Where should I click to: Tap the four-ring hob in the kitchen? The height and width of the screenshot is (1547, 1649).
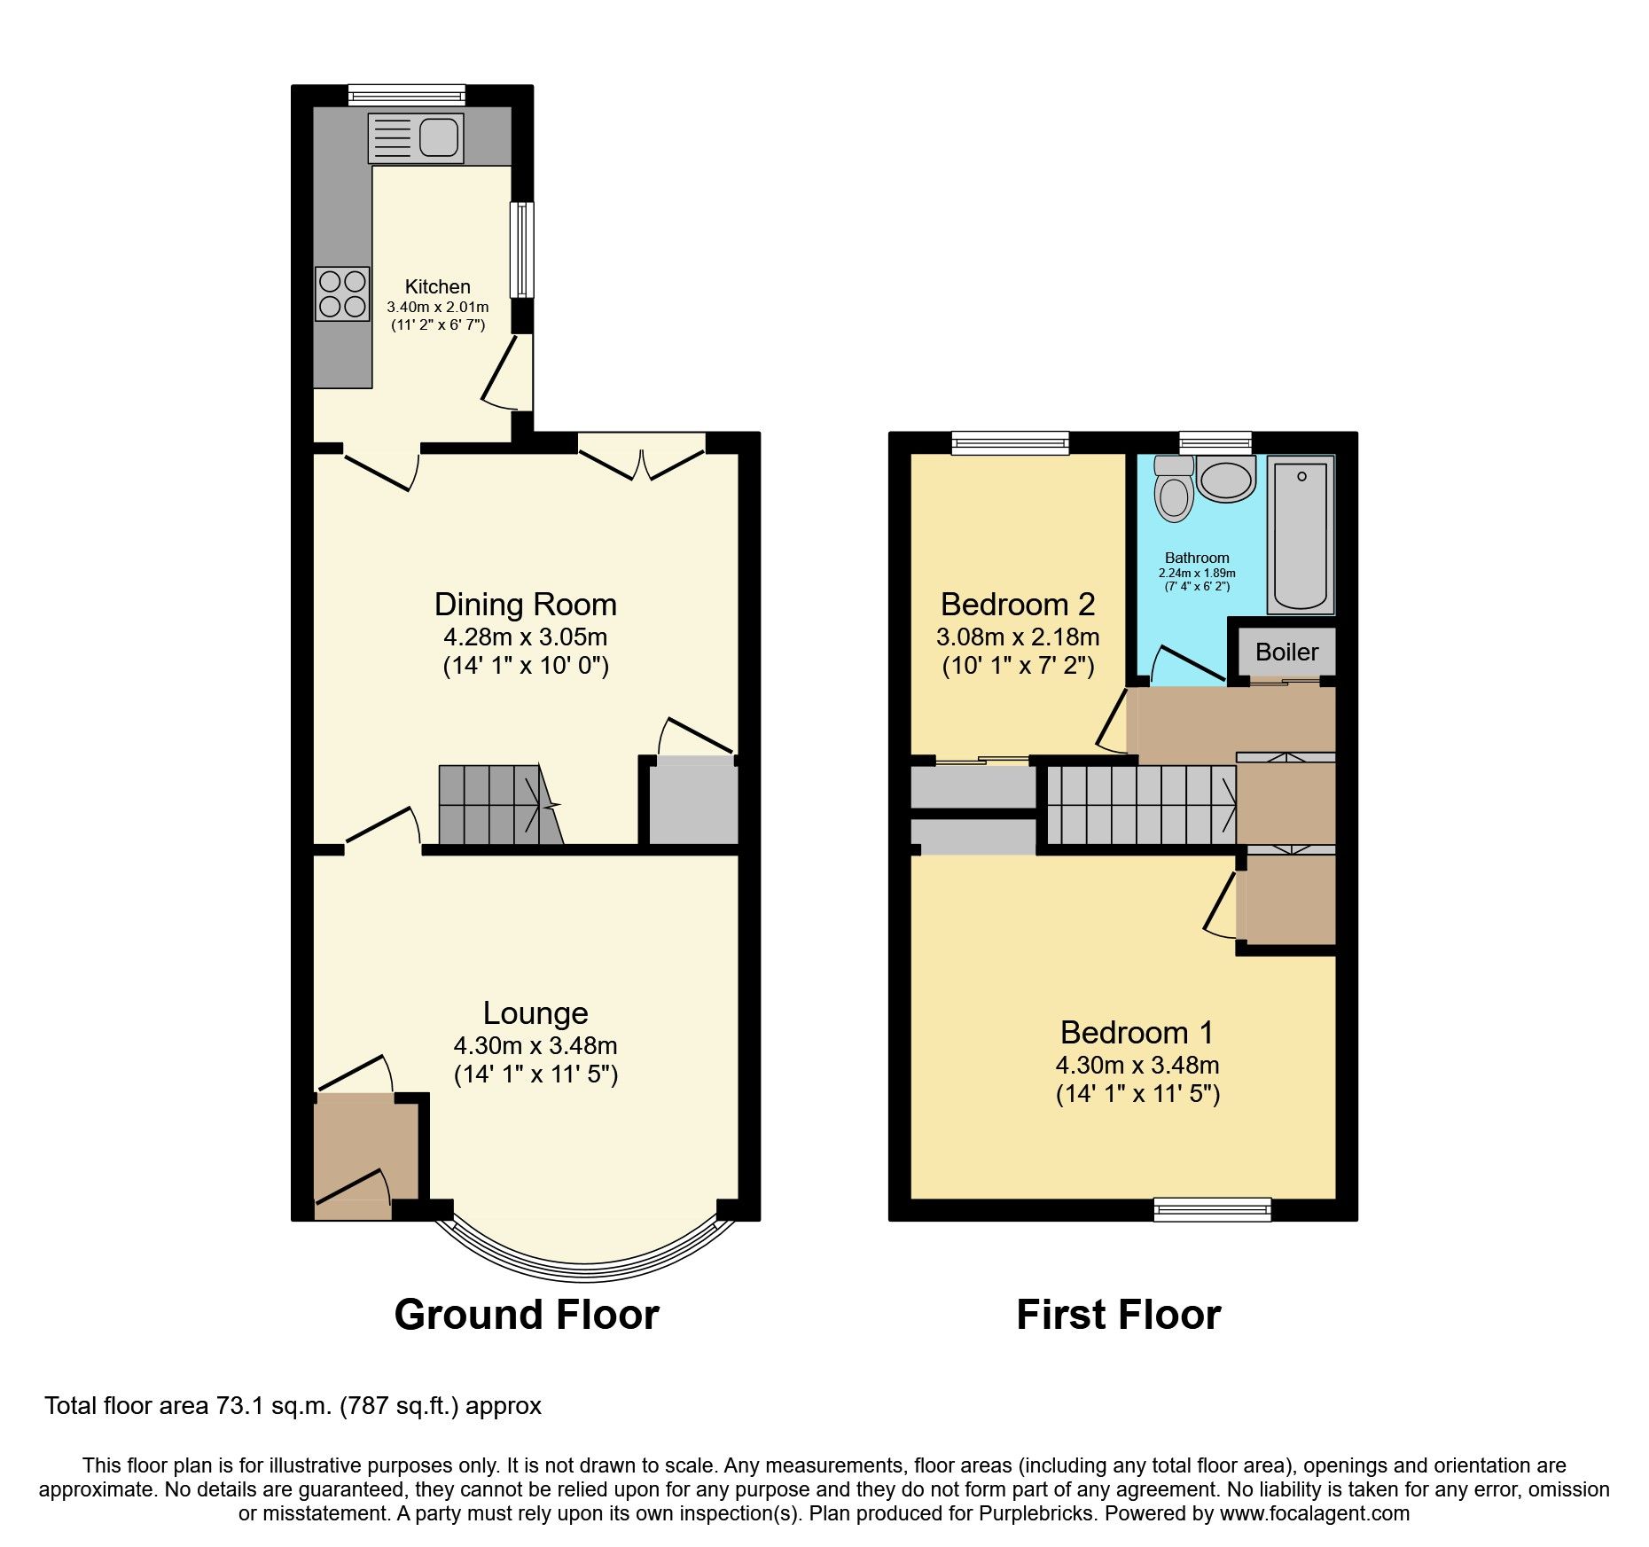pyautogui.click(x=342, y=293)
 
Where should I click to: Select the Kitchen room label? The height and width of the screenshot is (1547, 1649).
pyautogui.click(x=437, y=286)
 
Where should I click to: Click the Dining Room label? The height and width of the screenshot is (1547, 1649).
pyautogui.click(x=525, y=605)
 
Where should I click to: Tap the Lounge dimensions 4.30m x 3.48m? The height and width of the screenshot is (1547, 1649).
pyautogui.click(x=535, y=1045)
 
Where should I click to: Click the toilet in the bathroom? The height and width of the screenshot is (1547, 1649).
pyautogui.click(x=1174, y=490)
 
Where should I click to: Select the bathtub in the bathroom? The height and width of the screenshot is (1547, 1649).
pyautogui.click(x=1301, y=535)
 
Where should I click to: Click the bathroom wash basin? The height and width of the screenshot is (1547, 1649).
pyautogui.click(x=1226, y=480)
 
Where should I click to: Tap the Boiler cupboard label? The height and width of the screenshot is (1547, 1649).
pyautogui.click(x=1286, y=652)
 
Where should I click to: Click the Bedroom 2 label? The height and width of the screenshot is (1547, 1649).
pyautogui.click(x=1017, y=605)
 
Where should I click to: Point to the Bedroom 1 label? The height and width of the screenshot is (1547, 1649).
pyautogui.click(x=1137, y=1033)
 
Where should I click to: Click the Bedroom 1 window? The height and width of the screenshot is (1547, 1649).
pyautogui.click(x=1212, y=1209)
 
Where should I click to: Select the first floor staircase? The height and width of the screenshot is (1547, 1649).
pyautogui.click(x=1140, y=805)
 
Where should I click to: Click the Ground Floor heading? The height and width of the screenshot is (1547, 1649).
pyautogui.click(x=527, y=1315)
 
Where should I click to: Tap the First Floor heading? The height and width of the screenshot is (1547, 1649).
pyautogui.click(x=1118, y=1315)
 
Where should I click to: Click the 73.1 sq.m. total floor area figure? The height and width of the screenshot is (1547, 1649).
pyautogui.click(x=274, y=1406)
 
